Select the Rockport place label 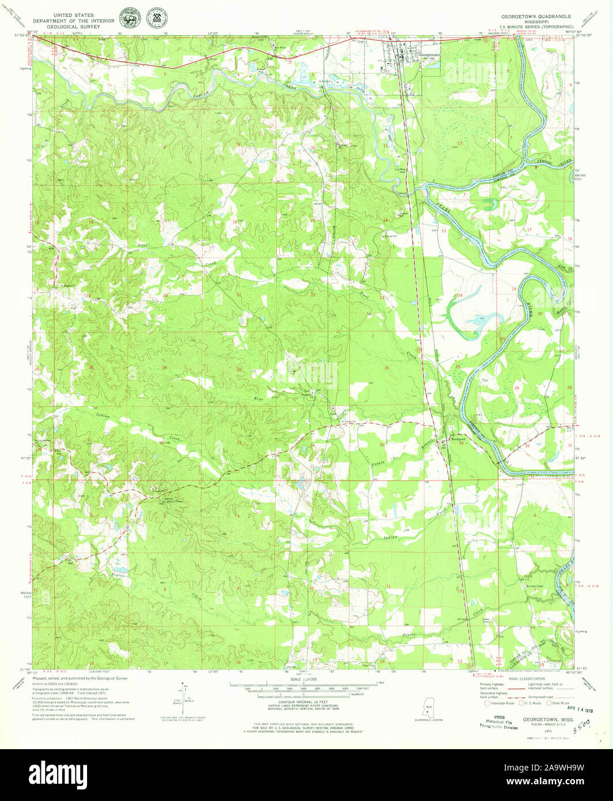pyautogui.click(x=457, y=437)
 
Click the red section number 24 pyautogui.click(x=460, y=296)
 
